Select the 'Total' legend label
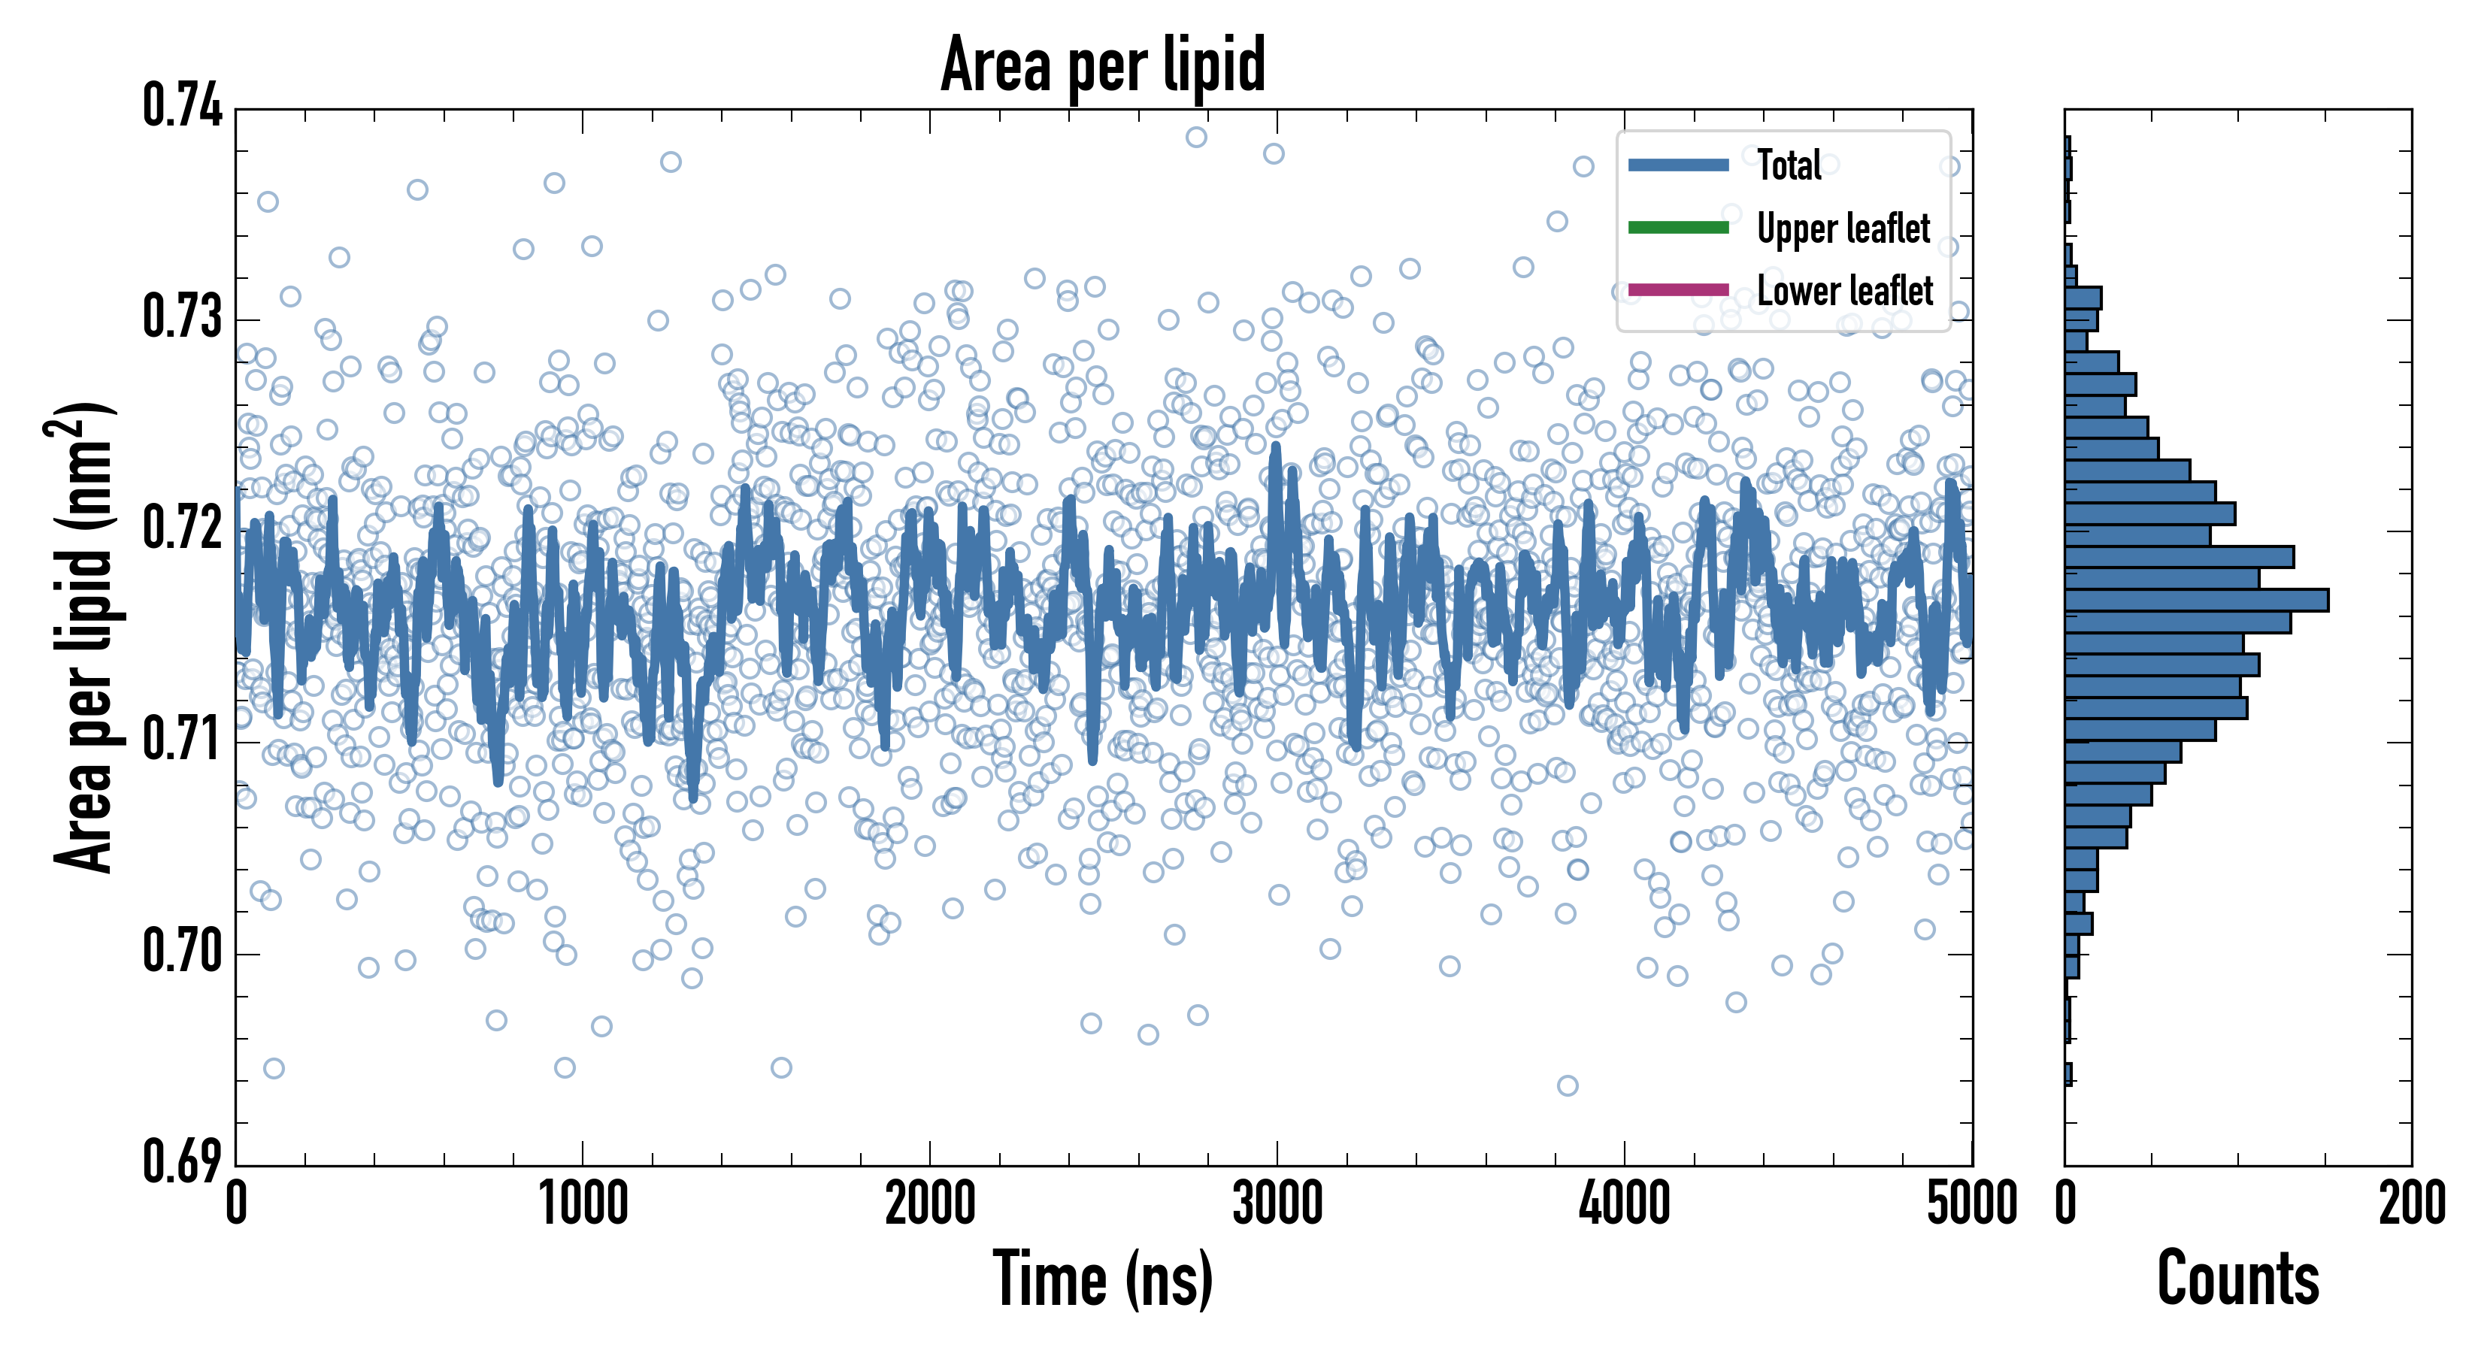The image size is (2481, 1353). tap(1789, 165)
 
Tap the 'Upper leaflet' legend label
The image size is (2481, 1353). tap(1843, 229)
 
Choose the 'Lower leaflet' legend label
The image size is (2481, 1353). tap(1844, 290)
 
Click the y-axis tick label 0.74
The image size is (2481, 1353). tap(182, 106)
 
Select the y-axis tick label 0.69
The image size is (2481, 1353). tap(182, 1161)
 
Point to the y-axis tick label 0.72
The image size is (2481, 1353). tap(182, 528)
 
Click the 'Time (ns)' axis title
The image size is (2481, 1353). tap(1103, 1279)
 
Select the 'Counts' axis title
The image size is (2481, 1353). tap(2238, 1279)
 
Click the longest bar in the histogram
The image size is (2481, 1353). tap(2196, 600)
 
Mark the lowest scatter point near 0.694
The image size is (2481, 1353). tap(1567, 1086)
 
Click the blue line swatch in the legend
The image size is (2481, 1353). tap(1678, 165)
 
